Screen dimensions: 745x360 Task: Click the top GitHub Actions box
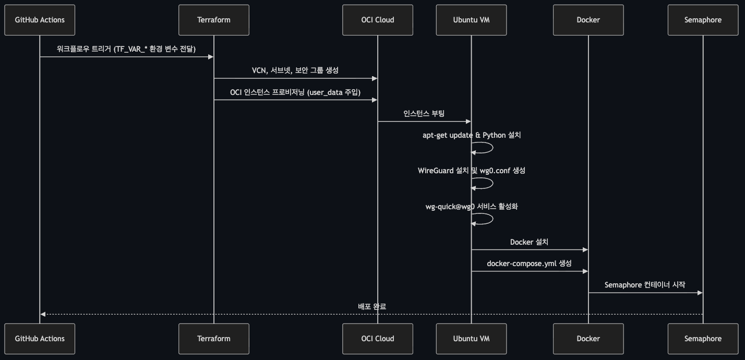coord(40,20)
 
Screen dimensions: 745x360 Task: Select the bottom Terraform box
coord(214,339)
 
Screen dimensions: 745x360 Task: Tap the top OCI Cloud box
coord(378,20)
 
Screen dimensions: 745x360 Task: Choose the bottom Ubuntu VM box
coord(471,339)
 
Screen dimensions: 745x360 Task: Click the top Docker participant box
coord(588,20)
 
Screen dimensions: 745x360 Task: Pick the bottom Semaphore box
coord(703,339)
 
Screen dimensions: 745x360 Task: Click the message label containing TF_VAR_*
coord(126,49)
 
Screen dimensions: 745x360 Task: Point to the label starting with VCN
coord(295,70)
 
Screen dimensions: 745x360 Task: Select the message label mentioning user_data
coord(295,92)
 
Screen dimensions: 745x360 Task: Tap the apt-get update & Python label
coord(472,135)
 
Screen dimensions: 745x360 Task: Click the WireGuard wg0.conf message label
coord(472,171)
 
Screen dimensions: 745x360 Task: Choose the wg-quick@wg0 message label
coord(472,207)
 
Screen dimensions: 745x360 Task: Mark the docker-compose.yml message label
coord(529,263)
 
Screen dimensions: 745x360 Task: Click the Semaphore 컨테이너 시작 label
coord(645,285)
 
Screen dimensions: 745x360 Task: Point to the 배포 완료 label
coord(372,306)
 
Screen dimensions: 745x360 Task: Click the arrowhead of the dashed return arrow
coord(43,314)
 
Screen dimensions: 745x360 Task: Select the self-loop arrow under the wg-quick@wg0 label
coord(492,219)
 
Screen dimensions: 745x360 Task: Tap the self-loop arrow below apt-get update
coord(492,148)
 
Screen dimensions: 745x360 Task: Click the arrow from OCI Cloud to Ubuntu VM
coord(424,122)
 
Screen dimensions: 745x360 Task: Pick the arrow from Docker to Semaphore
coord(645,293)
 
